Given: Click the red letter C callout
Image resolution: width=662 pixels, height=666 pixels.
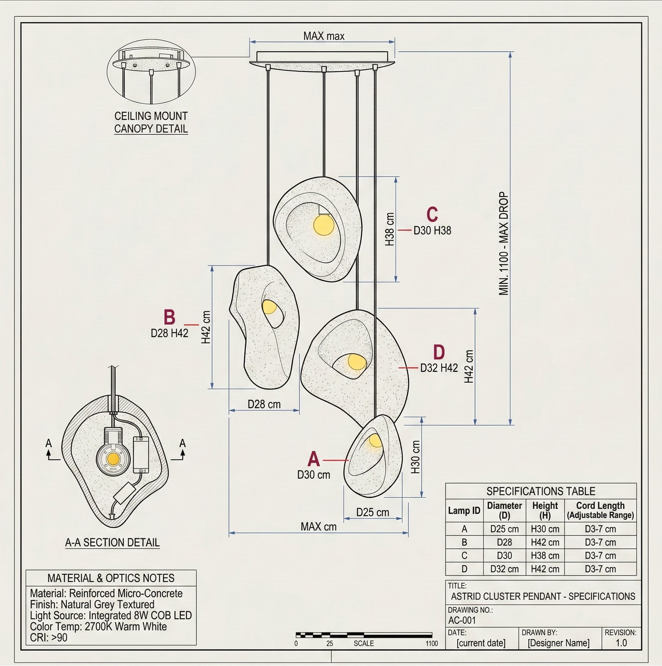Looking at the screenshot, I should tap(432, 214).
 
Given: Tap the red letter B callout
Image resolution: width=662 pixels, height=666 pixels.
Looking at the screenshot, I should tap(169, 317).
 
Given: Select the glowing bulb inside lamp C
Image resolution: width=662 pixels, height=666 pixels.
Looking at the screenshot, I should tap(324, 225).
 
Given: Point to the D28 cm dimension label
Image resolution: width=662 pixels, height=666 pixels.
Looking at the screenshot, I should tap(264, 404).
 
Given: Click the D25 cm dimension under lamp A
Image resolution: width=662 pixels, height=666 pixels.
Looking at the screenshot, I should tap(373, 512).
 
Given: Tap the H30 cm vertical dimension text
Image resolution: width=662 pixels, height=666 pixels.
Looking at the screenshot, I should tap(416, 457).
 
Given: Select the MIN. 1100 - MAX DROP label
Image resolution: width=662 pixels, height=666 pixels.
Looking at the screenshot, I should tap(504, 244).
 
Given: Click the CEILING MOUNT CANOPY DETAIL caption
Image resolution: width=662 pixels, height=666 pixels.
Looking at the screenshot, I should tap(151, 122).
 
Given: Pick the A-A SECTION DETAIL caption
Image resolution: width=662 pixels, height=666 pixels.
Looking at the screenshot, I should tap(112, 543).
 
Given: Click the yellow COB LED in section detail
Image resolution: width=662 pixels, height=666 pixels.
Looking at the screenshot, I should tap(113, 458).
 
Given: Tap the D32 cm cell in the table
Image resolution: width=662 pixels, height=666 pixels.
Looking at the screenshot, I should tap(504, 569).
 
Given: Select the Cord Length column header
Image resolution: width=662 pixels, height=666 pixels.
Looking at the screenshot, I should tap(600, 510).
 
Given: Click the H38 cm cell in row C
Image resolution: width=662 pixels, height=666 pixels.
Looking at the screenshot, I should tap(545, 556).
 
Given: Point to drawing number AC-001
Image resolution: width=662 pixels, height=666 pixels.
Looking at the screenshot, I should tap(462, 620).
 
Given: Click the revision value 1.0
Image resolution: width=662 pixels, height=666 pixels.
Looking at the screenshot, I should tap(621, 643).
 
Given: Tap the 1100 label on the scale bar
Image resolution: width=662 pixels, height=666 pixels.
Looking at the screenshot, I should tap(431, 643).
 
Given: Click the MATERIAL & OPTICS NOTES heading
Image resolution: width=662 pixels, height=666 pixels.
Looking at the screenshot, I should tap(111, 578).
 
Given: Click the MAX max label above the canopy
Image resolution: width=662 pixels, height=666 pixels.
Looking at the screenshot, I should tap(324, 36).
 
